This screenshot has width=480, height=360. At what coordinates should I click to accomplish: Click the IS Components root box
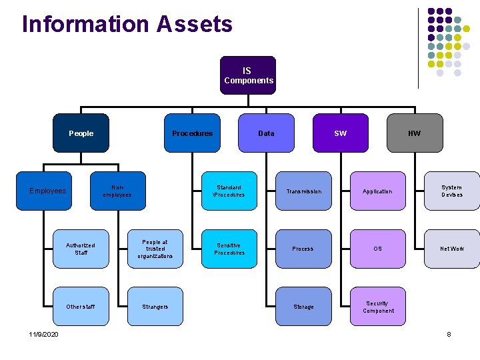[248, 75]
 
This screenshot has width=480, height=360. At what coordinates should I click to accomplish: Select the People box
[81, 133]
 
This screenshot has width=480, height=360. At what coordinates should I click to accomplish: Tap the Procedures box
[192, 133]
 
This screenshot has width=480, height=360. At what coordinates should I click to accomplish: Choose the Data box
[266, 133]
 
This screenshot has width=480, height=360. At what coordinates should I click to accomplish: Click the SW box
[340, 133]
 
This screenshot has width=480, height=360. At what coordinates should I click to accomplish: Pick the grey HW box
[414, 133]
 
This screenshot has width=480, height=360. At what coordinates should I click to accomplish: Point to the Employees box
[48, 191]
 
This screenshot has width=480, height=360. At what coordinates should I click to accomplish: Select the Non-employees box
[117, 191]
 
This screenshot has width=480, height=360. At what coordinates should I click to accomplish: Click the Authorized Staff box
[81, 249]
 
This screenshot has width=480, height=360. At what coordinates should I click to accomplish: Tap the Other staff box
[81, 307]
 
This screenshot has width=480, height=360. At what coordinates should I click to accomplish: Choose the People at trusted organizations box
[155, 249]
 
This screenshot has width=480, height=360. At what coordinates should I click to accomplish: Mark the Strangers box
[155, 307]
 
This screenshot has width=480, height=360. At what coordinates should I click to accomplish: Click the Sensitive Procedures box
[229, 249]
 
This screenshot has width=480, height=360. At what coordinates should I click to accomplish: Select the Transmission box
[303, 191]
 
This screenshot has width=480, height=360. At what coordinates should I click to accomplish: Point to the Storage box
[303, 307]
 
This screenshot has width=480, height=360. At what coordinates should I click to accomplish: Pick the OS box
[377, 249]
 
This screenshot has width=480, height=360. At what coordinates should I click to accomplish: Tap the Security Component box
[377, 307]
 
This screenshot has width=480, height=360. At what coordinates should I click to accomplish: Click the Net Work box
[451, 249]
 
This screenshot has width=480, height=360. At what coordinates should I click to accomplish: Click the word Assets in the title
[195, 24]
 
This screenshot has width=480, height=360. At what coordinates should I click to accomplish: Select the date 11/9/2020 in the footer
[43, 334]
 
